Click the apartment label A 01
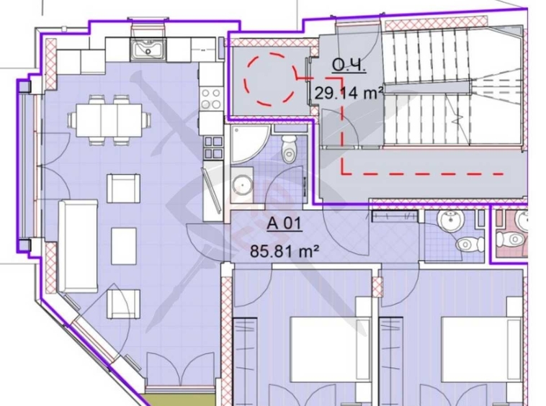click(284, 223)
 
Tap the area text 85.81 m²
click(285, 251)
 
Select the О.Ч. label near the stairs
click(349, 65)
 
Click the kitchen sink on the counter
click(148, 48)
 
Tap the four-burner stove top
click(211, 99)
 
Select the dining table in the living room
click(109, 120)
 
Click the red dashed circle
click(272, 79)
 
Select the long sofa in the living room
click(78, 246)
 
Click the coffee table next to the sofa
click(124, 246)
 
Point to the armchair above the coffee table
click(124, 188)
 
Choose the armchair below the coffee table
click(124, 303)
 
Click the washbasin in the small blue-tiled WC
click(452, 221)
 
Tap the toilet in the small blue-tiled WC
click(470, 243)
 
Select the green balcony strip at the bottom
click(179, 400)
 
